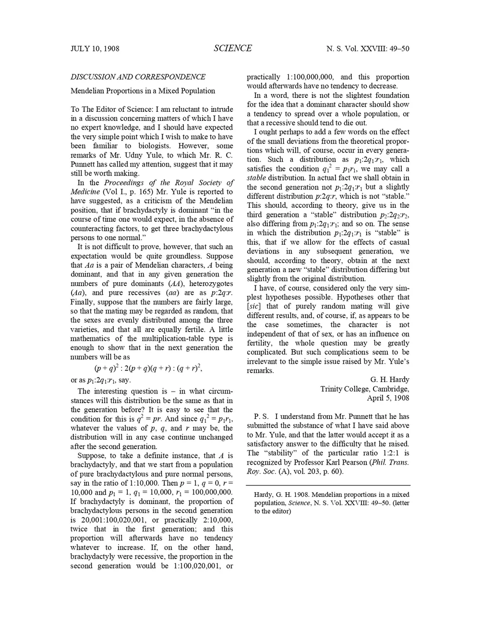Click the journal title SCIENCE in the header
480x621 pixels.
tap(233, 48)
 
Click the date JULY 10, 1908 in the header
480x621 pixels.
tap(95, 48)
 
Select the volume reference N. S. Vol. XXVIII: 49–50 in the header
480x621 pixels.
tap(368, 48)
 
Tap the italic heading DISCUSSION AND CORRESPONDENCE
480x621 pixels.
tap(138, 77)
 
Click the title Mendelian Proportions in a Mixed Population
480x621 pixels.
tap(143, 91)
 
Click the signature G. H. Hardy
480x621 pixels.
tap(390, 380)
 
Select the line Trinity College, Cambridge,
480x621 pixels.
tap(365, 389)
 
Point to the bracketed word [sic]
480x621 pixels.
tap(254, 306)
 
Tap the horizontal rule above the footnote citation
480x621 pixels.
tap(328, 485)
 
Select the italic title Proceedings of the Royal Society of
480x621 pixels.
tap(169, 182)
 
